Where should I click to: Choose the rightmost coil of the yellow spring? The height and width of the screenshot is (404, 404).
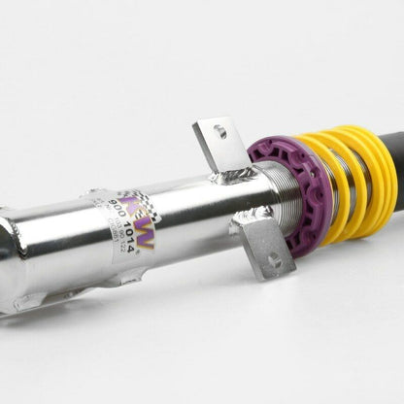coord(381,165)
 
